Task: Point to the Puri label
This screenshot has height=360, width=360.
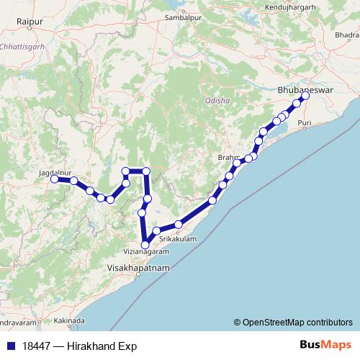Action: point(305,124)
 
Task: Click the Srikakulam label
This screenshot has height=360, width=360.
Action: point(178,238)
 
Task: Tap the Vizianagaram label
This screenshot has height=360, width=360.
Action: point(146,253)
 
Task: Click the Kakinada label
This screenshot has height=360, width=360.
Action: point(70,320)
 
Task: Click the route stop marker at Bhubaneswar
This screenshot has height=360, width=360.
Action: point(305,96)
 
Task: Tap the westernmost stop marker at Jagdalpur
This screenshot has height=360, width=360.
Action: point(55,179)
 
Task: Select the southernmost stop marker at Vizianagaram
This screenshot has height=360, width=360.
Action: point(146,245)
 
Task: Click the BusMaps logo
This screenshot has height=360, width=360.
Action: point(325,345)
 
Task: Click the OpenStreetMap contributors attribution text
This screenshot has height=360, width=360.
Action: point(297,323)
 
